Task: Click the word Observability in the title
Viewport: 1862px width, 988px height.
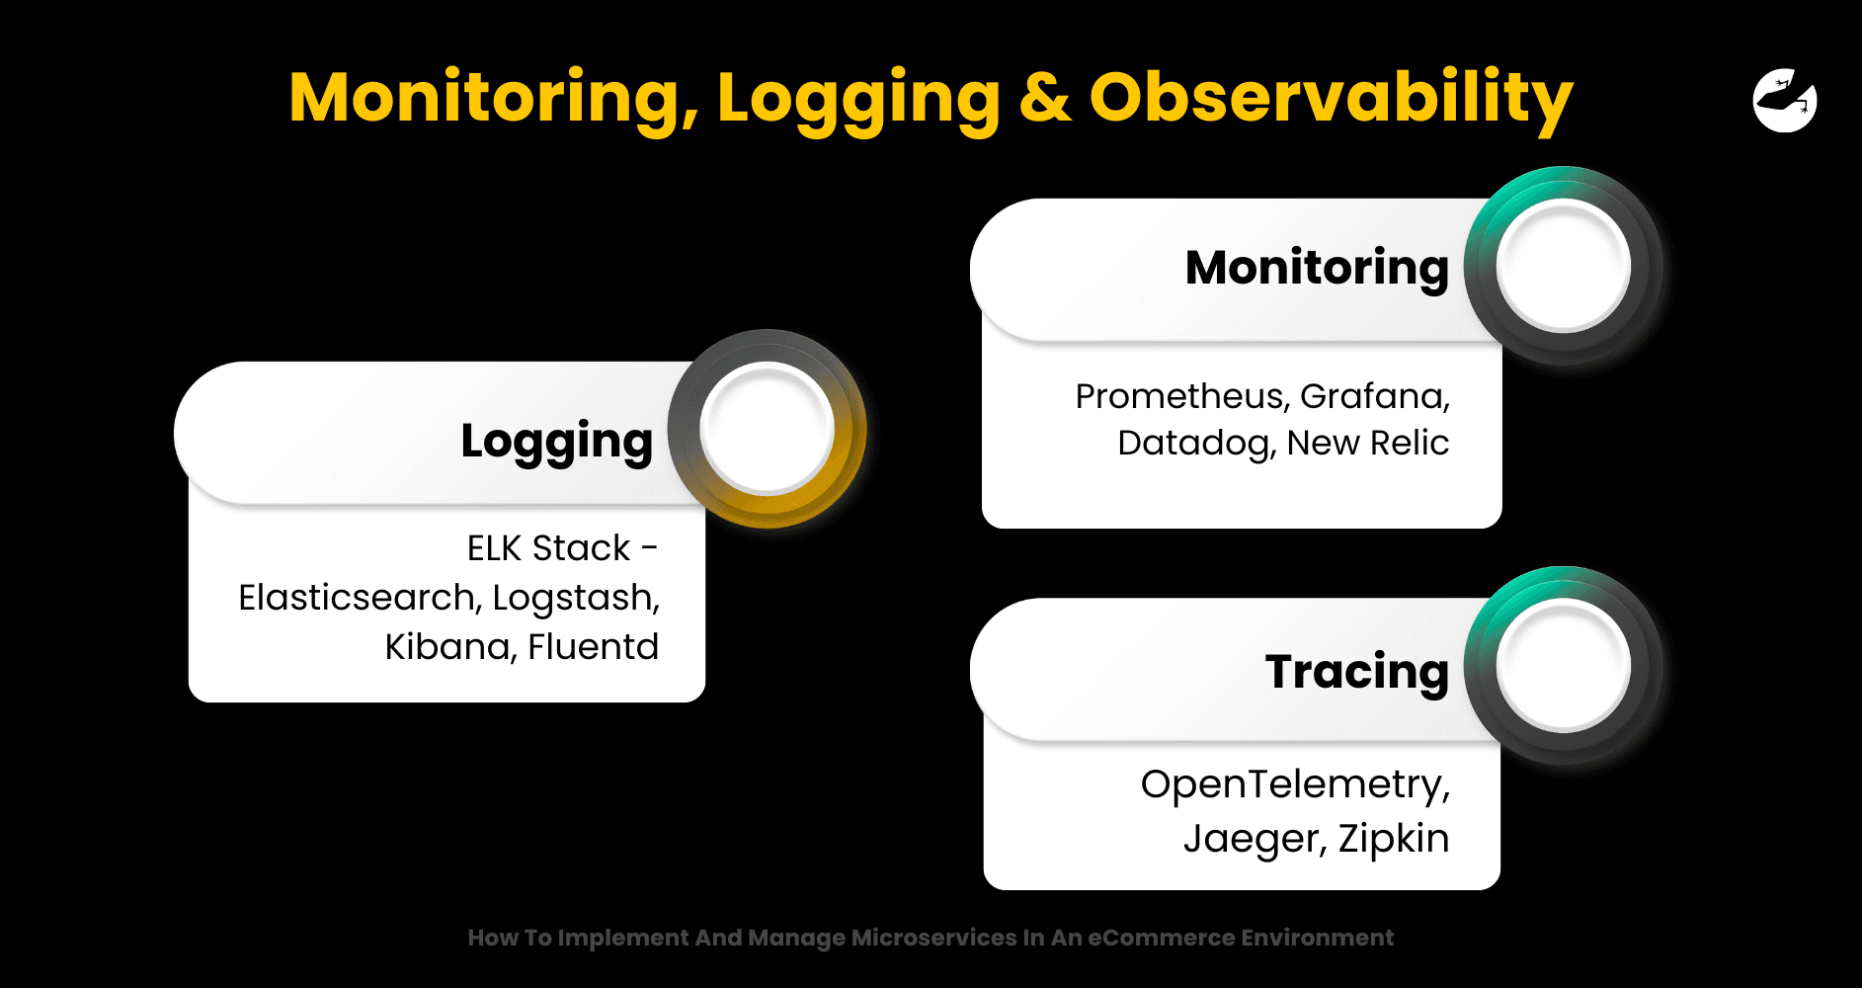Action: (x=1331, y=100)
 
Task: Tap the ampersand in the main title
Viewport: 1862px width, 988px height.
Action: (x=1045, y=98)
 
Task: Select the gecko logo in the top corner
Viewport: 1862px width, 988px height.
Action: (x=1785, y=100)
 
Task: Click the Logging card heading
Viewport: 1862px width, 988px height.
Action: (x=557, y=442)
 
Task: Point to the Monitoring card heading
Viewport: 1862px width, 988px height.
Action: (x=1317, y=269)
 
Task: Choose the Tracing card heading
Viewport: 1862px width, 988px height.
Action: (x=1357, y=673)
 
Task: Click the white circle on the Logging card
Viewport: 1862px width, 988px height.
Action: (x=768, y=428)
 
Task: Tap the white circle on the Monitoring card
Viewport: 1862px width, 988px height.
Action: (x=1563, y=265)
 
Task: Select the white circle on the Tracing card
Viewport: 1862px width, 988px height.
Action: (x=1563, y=665)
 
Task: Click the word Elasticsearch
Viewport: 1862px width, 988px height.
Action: (x=360, y=598)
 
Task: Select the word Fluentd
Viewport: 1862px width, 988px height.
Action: (x=593, y=647)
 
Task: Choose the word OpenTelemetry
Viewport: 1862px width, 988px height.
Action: (x=1295, y=785)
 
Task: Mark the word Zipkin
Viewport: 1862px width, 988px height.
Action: (x=1394, y=840)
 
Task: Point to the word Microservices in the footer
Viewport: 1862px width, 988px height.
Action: (x=934, y=938)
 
